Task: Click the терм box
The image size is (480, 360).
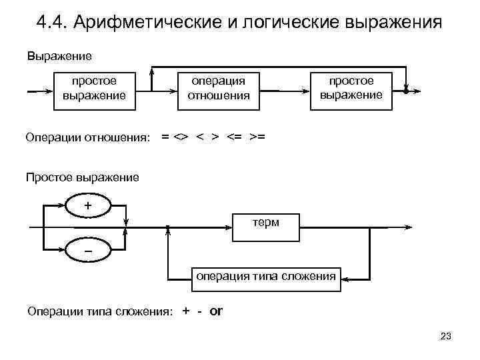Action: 265,226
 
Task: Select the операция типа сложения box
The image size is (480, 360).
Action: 264,275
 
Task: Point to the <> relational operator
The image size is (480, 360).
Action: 180,137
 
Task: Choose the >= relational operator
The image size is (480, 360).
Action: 257,137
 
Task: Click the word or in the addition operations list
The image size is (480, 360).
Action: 216,311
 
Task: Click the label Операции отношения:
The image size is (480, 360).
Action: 88,138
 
